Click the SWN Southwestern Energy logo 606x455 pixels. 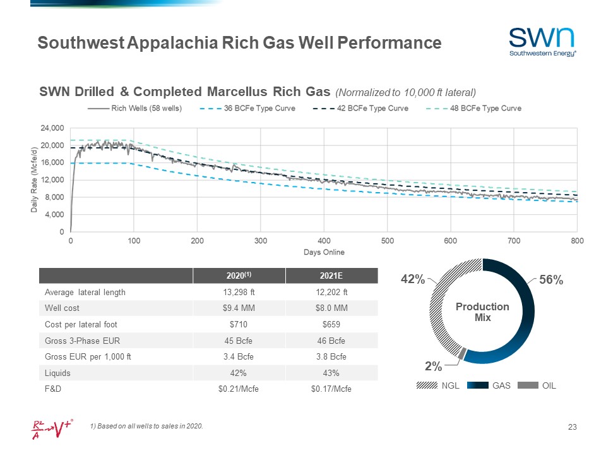542,42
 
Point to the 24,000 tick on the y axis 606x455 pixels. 52,128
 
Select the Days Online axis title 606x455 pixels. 324,253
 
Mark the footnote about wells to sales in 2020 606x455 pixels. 147,426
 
